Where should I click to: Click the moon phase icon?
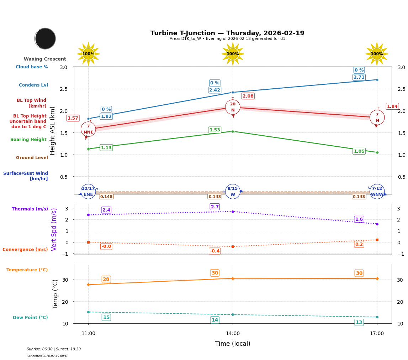pyautogui.click(x=45, y=38)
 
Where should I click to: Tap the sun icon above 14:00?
pyautogui.click(x=233, y=54)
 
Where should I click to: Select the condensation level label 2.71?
pyautogui.click(x=359, y=77)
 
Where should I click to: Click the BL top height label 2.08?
pyautogui.click(x=248, y=96)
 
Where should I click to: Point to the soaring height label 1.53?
pyautogui.click(x=214, y=130)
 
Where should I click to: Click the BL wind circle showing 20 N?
pyautogui.click(x=233, y=107)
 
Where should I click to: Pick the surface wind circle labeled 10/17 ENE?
pyautogui.click(x=88, y=192)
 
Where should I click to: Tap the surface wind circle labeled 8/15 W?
pyautogui.click(x=233, y=192)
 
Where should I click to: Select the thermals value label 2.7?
pyautogui.click(x=214, y=207)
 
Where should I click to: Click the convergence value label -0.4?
pyautogui.click(x=214, y=251)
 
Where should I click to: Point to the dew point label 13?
pyautogui.click(x=359, y=322)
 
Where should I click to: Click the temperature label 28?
pyautogui.click(x=106, y=279)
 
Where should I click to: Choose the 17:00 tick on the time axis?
pyautogui.click(x=377, y=334)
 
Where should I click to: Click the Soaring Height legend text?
pyautogui.click(x=28, y=140)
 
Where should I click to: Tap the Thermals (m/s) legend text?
pyautogui.click(x=30, y=209)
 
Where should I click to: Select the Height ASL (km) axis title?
pyautogui.click(x=53, y=130)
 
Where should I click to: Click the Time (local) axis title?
pyautogui.click(x=233, y=344)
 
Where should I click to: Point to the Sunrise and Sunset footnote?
pyautogui.click(x=54, y=349)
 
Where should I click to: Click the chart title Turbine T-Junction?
pyautogui.click(x=227, y=33)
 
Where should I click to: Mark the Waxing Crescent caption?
pyautogui.click(x=45, y=59)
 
